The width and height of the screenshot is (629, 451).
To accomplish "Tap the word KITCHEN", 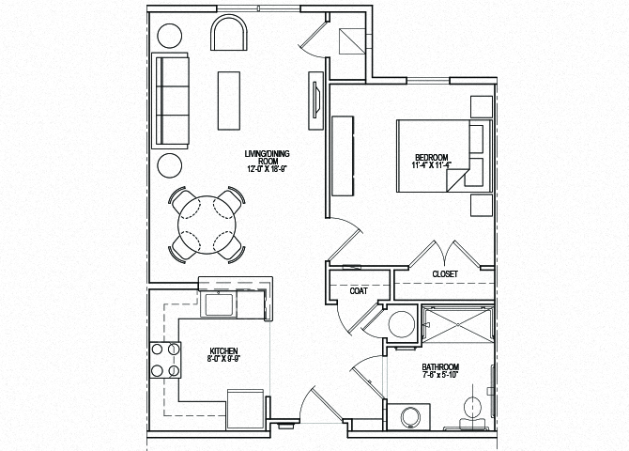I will [x=222, y=350].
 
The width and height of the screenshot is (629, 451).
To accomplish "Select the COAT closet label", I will [x=359, y=290].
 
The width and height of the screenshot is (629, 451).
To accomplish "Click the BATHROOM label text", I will [x=439, y=366].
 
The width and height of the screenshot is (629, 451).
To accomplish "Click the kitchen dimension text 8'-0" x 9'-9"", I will [x=222, y=358].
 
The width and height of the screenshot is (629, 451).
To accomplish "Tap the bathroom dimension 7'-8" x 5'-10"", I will [x=439, y=376].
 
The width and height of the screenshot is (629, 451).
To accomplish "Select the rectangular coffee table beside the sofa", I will [x=229, y=100].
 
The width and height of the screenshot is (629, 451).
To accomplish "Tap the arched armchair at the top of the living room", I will [x=230, y=35].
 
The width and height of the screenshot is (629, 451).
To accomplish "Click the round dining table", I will [x=207, y=225].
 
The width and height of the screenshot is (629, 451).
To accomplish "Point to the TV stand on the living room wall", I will [x=314, y=98].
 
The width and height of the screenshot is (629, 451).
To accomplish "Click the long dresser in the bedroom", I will [x=342, y=154].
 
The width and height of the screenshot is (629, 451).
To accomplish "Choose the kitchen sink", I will [x=221, y=303].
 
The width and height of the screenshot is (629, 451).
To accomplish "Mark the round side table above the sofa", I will [x=170, y=36].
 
